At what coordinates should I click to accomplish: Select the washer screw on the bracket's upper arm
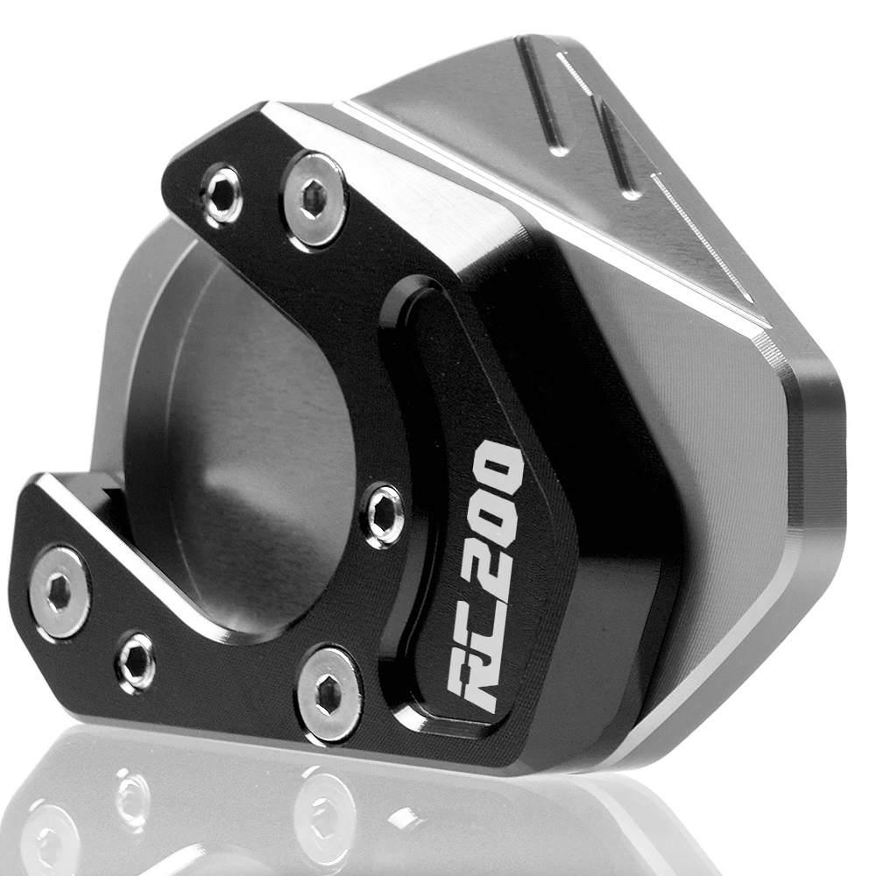click(x=313, y=199)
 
